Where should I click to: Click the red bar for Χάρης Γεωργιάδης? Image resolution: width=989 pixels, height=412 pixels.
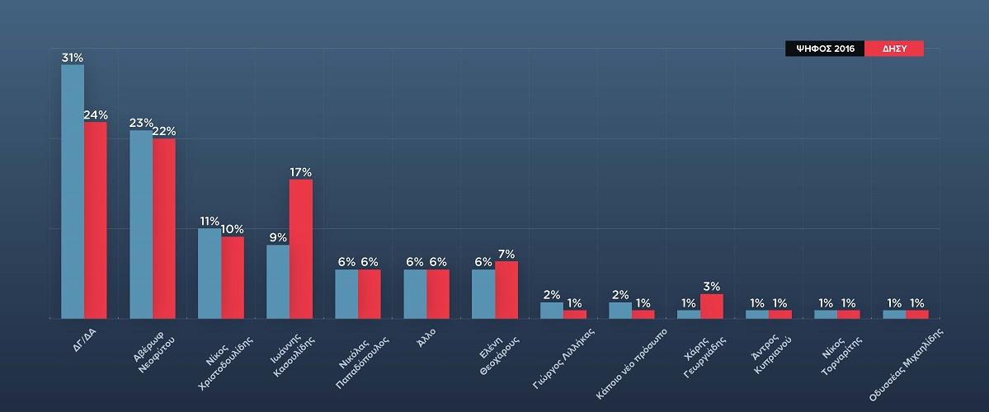click(x=711, y=307)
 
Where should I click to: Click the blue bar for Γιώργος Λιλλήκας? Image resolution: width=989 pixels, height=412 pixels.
click(x=552, y=311)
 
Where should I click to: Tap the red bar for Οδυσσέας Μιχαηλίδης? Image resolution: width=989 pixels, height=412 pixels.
click(x=916, y=314)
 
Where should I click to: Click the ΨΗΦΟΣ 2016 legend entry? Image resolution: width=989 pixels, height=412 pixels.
click(x=824, y=49)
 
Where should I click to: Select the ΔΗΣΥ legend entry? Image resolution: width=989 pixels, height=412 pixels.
click(x=894, y=49)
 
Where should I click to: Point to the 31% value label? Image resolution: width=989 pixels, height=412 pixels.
click(x=72, y=57)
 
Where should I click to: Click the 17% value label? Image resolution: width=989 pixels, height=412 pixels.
click(x=300, y=172)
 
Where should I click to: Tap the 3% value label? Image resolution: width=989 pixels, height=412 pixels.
click(x=712, y=287)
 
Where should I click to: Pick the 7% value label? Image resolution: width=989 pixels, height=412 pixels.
click(x=506, y=254)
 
